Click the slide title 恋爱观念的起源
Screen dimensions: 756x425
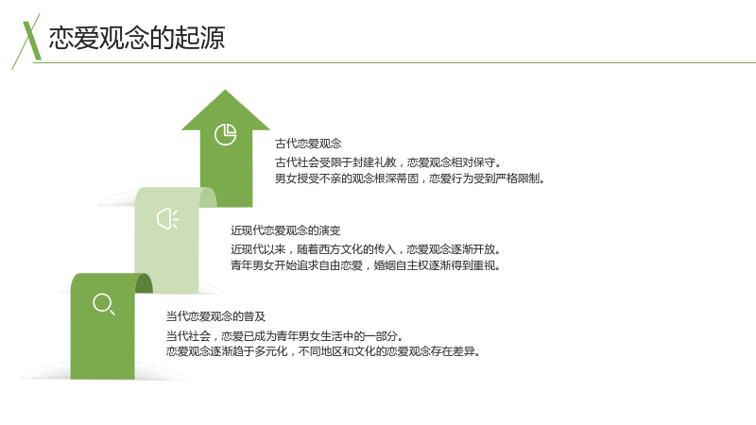[137, 38]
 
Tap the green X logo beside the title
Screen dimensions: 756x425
[28, 41]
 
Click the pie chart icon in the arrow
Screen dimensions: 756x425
[225, 134]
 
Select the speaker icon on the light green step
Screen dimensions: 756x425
[168, 219]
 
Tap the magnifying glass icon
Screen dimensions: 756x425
[104, 304]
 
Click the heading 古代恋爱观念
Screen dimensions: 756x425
[308, 144]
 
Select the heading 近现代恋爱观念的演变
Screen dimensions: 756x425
[285, 230]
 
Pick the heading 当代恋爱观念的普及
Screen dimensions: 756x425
[215, 316]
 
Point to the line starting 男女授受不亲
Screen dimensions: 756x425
[410, 178]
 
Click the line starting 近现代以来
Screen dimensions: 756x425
[367, 249]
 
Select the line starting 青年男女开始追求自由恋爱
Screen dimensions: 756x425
[366, 265]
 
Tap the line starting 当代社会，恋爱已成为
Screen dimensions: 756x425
[285, 335]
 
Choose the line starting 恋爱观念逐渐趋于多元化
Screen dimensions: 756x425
[323, 351]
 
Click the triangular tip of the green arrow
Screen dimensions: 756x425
[225, 90]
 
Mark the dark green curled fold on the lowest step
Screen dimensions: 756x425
[144, 283]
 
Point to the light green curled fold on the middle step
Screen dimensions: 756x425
[208, 197]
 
